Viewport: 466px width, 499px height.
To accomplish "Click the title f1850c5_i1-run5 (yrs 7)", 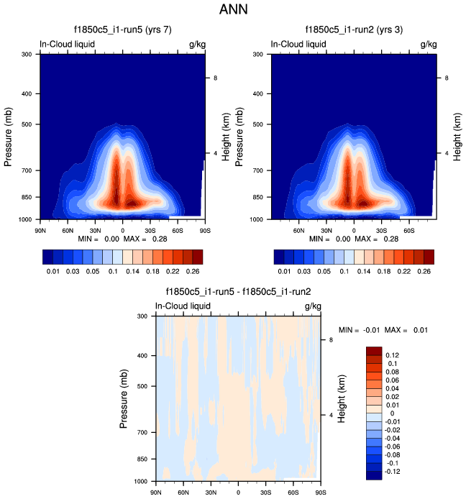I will coord(123,31).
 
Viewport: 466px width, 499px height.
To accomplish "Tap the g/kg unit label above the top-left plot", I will coord(196,45).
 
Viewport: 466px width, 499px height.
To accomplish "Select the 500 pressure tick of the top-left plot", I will coord(27,124).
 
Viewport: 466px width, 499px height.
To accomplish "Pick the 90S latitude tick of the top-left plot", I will coord(204,230).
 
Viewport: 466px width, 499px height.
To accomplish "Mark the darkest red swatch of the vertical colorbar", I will coord(374,350).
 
